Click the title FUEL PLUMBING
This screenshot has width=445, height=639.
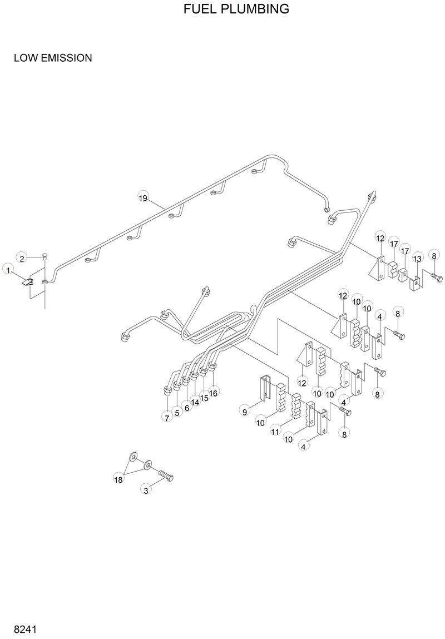[236, 9]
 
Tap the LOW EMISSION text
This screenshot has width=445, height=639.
[53, 58]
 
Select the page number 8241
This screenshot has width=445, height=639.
[25, 630]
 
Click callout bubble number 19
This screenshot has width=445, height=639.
[143, 197]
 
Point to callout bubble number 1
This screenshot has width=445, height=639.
[8, 270]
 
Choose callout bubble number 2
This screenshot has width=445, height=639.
[22, 257]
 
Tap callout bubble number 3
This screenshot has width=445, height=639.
[146, 490]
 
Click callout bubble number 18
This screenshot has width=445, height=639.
[118, 479]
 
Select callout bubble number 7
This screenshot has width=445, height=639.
[167, 417]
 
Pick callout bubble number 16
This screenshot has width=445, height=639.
[214, 393]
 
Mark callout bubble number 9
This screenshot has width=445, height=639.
[244, 411]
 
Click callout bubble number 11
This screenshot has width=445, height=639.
[275, 432]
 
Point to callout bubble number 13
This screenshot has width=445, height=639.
[417, 259]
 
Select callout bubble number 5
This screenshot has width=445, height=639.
[177, 412]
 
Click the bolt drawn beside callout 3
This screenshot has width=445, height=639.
[165, 475]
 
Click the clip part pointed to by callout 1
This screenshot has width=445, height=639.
[28, 281]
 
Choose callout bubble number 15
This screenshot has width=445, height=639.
[204, 398]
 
